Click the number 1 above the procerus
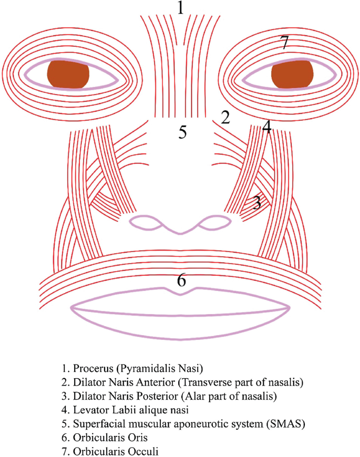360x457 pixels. click(x=181, y=8)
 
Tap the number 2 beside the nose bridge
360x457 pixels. click(x=225, y=117)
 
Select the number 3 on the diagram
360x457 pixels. click(x=257, y=202)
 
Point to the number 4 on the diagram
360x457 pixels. click(x=267, y=127)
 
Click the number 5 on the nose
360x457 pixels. click(x=182, y=132)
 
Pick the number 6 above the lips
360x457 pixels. click(x=181, y=280)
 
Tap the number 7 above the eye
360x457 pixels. click(x=284, y=43)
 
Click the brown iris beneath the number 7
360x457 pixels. click(x=292, y=74)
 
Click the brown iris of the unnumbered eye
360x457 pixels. click(x=68, y=74)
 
